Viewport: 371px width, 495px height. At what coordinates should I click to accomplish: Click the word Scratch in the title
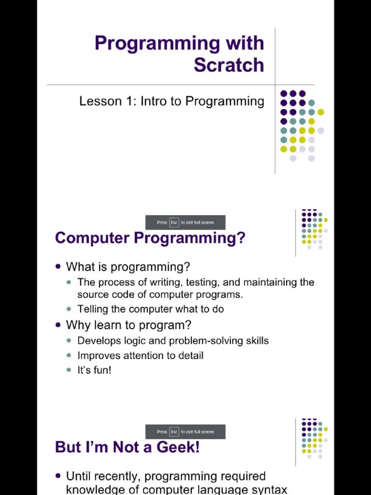(x=228, y=65)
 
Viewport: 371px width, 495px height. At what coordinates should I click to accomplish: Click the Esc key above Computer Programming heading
(x=174, y=222)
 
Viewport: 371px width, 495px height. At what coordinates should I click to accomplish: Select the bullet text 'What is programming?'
(x=128, y=267)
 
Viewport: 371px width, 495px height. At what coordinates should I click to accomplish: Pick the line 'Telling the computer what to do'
(x=150, y=309)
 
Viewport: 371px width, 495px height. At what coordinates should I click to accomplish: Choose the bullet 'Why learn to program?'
(x=128, y=325)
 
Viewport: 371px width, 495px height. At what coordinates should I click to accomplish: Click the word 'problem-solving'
(x=202, y=341)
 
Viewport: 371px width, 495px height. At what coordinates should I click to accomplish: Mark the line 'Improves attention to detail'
(x=140, y=356)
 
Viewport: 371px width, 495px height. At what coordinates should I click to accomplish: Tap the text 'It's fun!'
(x=94, y=370)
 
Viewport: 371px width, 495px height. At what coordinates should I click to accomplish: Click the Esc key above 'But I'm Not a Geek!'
(x=174, y=432)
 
